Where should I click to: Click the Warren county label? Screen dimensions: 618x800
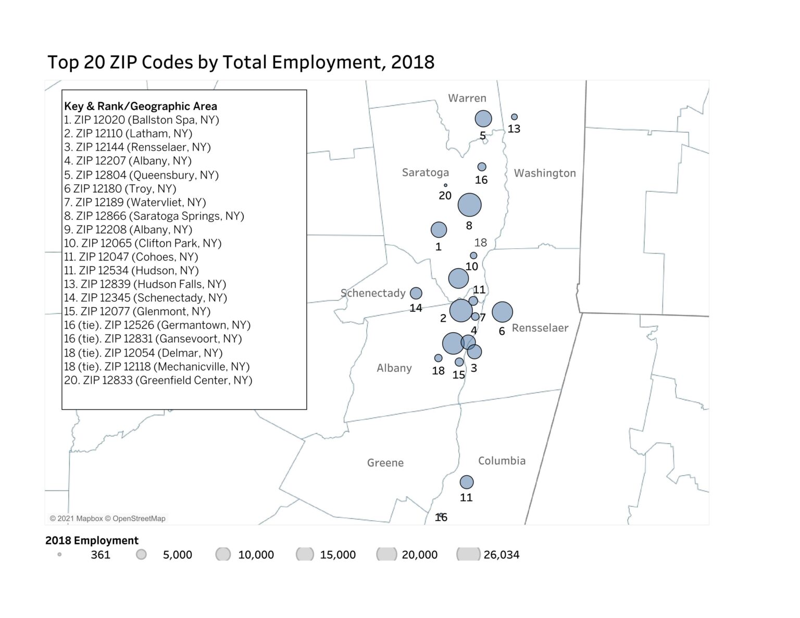tap(467, 98)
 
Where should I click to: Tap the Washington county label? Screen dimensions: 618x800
tap(545, 173)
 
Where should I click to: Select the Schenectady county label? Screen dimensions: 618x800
tap(373, 293)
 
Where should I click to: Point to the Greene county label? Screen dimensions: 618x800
tap(385, 463)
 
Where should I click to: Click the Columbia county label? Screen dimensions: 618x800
tap(502, 461)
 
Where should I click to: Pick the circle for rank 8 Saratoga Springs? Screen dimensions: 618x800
tap(469, 205)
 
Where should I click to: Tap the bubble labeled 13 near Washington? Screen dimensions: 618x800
tap(514, 117)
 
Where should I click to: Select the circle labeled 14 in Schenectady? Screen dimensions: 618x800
tap(416, 293)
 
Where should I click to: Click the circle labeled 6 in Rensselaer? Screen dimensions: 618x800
tap(502, 312)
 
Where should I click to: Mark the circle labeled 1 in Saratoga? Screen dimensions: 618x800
tap(439, 229)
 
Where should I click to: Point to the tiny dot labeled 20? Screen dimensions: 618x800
tap(445, 185)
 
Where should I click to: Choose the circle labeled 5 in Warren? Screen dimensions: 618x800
tap(483, 119)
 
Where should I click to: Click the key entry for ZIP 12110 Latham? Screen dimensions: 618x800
tap(128, 133)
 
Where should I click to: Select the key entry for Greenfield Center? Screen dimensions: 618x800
tap(158, 380)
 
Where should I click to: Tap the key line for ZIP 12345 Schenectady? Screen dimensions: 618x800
tap(145, 298)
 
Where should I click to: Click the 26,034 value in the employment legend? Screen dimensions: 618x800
tap(501, 555)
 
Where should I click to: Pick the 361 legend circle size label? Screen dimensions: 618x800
tap(100, 555)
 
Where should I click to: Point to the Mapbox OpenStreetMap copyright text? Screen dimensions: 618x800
tap(107, 519)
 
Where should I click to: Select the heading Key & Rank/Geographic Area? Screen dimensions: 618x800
tap(141, 106)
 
